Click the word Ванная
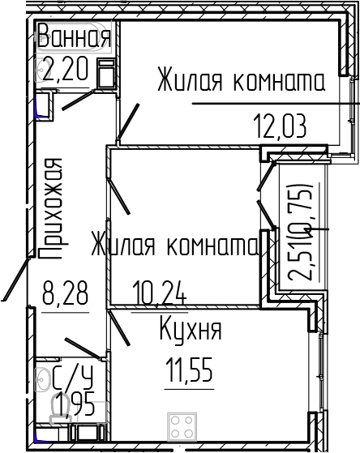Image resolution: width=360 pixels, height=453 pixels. pos(74,38)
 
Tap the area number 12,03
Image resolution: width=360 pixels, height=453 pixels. pos(278,126)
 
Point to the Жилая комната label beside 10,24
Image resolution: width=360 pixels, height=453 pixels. pos(174,244)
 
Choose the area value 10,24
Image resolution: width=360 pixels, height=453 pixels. pos(159,289)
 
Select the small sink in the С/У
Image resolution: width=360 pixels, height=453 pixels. pos(42,378)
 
